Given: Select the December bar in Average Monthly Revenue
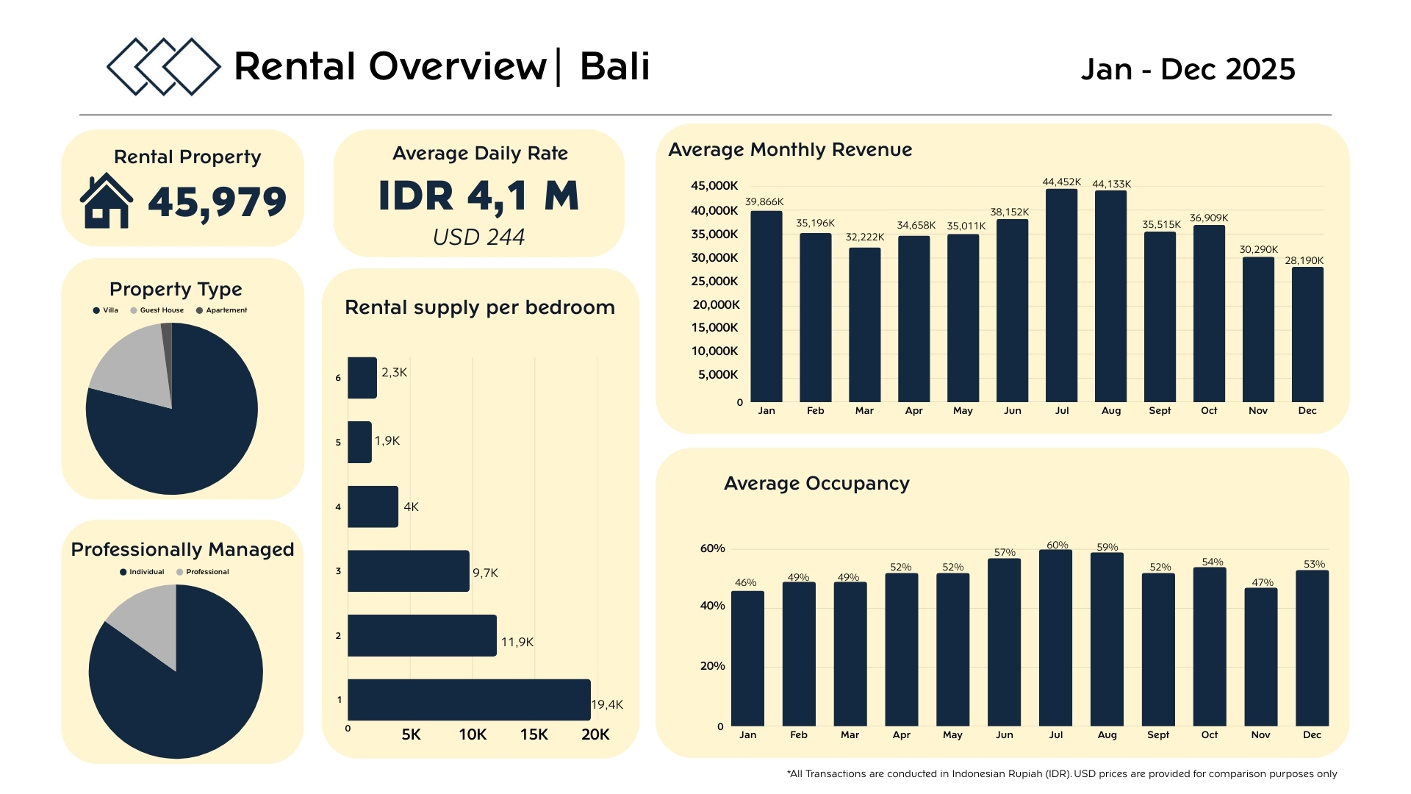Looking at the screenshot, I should (1307, 335).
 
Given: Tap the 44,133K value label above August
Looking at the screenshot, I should (1111, 184).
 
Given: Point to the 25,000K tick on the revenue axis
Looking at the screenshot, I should (714, 282).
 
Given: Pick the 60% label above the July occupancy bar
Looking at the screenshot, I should (1057, 545).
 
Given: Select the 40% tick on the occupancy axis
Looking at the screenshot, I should (712, 606).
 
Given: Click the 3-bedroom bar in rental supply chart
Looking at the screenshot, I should (409, 571).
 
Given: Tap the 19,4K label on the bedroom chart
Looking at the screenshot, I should (607, 704).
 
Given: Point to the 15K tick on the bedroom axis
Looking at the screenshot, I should (534, 734).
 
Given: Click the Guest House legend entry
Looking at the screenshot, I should (157, 310).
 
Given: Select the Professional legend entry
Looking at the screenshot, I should (203, 572).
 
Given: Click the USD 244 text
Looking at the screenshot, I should (478, 237).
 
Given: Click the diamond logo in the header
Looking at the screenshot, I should (163, 66).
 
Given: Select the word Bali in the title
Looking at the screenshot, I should (614, 66).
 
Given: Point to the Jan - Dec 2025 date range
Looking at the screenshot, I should (1188, 69).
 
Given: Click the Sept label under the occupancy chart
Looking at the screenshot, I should (1157, 734).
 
